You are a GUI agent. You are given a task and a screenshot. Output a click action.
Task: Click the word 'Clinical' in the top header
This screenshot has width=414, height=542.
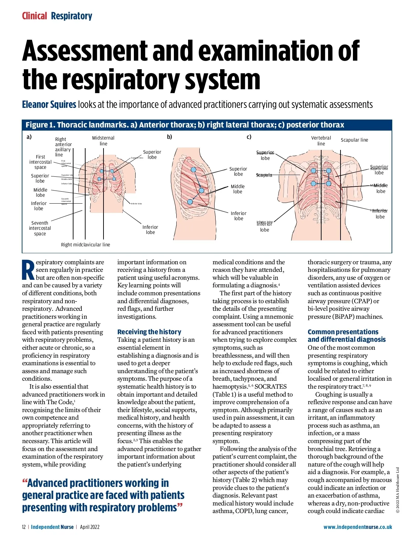tap(34, 16)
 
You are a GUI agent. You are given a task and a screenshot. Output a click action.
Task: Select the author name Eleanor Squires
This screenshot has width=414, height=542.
tap(49, 104)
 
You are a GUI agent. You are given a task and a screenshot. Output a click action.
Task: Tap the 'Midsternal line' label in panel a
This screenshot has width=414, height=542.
tap(103, 141)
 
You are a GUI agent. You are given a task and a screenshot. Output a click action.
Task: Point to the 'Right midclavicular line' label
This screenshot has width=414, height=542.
tap(86, 245)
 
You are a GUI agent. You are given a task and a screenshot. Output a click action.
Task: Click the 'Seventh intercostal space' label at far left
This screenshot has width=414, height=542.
tap(40, 228)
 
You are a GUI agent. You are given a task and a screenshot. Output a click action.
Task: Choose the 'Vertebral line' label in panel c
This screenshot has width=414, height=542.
tap(321, 141)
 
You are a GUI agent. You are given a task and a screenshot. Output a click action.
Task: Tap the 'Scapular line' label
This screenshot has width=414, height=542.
tap(354, 140)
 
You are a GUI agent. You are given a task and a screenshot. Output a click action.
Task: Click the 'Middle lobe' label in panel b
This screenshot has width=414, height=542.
tap(238, 189)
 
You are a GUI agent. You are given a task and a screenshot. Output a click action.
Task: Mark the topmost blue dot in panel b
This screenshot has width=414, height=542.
tap(194, 170)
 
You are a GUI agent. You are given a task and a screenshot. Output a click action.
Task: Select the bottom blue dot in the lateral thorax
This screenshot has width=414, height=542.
tap(190, 202)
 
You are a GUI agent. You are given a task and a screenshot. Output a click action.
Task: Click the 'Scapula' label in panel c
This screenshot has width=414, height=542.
tap(264, 175)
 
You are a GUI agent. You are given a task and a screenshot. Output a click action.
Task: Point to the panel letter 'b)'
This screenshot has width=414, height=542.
tap(169, 137)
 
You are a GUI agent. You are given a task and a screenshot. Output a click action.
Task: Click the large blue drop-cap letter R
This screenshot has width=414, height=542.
tap(28, 270)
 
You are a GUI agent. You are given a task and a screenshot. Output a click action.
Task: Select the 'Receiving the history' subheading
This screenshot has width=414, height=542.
tap(149, 332)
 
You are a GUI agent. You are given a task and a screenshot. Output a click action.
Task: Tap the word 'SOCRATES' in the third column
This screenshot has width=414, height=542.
tap(270, 387)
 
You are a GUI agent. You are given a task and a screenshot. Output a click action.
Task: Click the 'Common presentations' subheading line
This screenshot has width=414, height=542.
tap(343, 332)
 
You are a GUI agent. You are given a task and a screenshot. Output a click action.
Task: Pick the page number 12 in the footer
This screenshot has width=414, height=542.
tap(24, 527)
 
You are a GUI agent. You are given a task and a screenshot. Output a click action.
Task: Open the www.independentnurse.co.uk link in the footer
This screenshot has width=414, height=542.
tap(358, 527)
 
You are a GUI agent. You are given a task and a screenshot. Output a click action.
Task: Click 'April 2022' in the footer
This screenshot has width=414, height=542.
tap(90, 527)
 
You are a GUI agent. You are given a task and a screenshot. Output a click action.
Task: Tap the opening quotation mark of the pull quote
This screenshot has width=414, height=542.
tap(24, 482)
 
